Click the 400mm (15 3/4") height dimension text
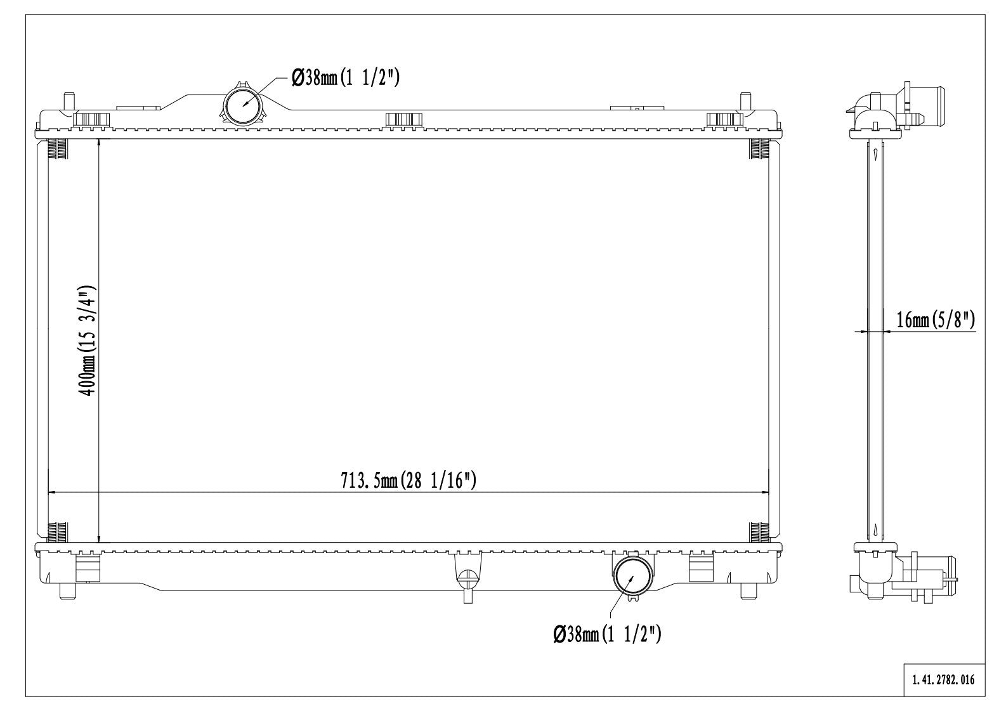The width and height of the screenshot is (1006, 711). point(87,341)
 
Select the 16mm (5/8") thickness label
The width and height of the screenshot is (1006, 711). point(936,320)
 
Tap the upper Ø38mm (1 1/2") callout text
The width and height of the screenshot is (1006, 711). point(346,77)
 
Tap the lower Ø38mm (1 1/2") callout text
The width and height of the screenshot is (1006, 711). point(608,634)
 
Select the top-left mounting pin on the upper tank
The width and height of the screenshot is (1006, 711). point(69,101)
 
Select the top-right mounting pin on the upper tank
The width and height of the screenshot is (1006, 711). point(745,101)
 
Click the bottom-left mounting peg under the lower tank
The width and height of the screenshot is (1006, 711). point(66,590)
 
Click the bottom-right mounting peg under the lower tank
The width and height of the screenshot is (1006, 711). point(748,590)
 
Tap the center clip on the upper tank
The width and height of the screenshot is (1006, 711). point(403,119)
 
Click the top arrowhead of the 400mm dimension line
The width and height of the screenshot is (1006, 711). point(99,143)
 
